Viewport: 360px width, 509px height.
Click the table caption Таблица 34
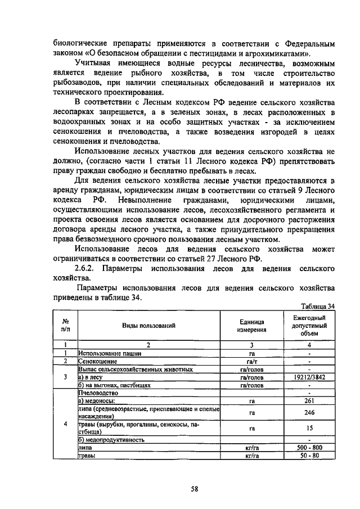tap(317, 306)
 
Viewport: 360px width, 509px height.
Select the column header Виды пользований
tap(149, 326)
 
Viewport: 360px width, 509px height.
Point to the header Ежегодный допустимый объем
tap(309, 326)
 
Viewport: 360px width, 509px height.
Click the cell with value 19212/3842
tap(309, 378)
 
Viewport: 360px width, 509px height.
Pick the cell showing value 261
tap(309, 401)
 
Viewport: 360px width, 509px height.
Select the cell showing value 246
tap(309, 412)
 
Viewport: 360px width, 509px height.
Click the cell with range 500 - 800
tap(309, 447)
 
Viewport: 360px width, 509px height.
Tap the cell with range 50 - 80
tap(309, 455)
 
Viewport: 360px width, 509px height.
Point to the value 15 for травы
tap(309, 428)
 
